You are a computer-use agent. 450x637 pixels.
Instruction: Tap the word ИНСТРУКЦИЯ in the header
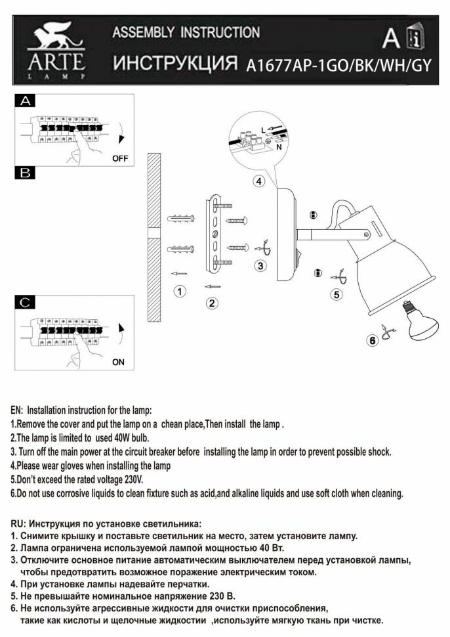pyautogui.click(x=174, y=64)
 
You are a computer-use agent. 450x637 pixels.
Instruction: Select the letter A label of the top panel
pyautogui.click(x=26, y=102)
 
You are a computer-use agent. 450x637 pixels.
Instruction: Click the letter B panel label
pyautogui.click(x=26, y=173)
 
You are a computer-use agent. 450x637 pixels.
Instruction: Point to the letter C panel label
pyautogui.click(x=26, y=302)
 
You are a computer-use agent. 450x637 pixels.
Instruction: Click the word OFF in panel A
pyautogui.click(x=120, y=158)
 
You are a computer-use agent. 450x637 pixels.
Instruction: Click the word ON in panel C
pyautogui.click(x=118, y=361)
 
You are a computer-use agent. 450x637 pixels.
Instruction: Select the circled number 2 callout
pyautogui.click(x=212, y=303)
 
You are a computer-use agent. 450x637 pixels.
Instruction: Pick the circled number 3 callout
pyautogui.click(x=260, y=266)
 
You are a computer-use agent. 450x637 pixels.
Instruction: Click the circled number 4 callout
pyautogui.click(x=259, y=182)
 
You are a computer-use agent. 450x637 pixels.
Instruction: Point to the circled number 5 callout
pyautogui.click(x=337, y=295)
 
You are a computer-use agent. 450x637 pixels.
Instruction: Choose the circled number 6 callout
pyautogui.click(x=372, y=340)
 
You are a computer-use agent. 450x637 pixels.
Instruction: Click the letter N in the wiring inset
pyautogui.click(x=279, y=148)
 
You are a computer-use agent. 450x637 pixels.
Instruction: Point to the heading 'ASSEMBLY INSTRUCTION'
pyautogui.click(x=186, y=32)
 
